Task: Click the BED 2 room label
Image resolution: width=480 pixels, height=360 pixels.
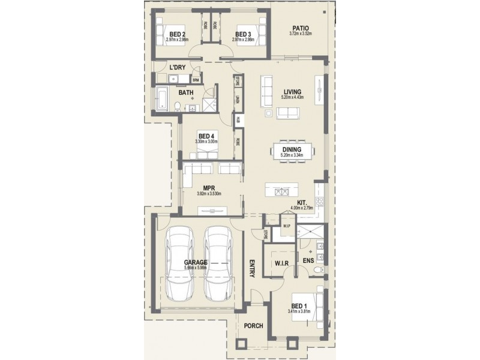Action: point(177,34)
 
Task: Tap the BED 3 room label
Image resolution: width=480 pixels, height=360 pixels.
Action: point(243,34)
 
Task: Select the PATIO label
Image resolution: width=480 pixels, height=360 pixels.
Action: point(301,28)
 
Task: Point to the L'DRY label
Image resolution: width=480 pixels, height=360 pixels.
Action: point(177,67)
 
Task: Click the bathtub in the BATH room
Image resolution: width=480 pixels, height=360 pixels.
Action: point(161,98)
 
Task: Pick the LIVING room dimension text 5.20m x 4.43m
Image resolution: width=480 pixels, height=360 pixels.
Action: point(293,97)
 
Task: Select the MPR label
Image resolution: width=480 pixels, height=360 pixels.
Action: point(209,187)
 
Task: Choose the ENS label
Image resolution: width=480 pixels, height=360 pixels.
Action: point(308,261)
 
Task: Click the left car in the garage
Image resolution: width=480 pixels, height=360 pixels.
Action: point(179,265)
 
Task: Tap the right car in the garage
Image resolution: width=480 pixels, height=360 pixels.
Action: point(217,265)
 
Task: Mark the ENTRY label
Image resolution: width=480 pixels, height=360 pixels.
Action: point(252,269)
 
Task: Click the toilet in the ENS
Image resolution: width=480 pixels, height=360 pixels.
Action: point(318,271)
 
